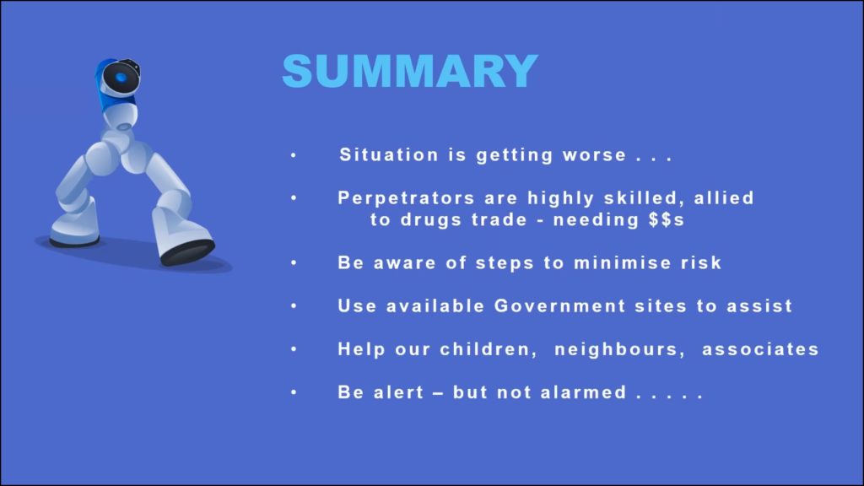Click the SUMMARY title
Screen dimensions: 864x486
410,71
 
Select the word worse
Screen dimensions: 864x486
595,155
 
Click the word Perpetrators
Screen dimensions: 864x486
406,197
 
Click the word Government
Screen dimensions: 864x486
560,305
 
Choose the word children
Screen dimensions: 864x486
489,349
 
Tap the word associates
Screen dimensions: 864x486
760,349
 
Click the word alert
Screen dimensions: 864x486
399,392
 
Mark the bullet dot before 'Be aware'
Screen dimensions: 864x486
294,263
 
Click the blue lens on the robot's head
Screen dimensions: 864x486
121,78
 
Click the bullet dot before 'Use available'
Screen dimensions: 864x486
294,305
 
